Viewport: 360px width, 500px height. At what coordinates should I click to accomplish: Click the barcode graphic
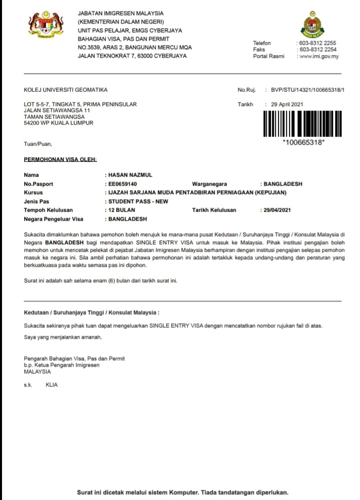click(x=303, y=123)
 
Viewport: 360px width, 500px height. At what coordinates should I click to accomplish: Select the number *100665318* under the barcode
click(x=303, y=143)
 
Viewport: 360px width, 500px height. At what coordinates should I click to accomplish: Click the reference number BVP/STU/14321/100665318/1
click(x=307, y=90)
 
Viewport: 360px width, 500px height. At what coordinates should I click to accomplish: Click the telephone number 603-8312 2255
click(x=317, y=44)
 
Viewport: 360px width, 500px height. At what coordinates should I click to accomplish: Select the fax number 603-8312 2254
click(x=317, y=50)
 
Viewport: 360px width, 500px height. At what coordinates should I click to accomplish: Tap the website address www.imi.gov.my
click(x=318, y=57)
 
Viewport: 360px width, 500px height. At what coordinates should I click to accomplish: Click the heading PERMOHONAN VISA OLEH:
click(x=60, y=160)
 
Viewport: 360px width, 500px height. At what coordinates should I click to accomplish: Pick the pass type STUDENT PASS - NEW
click(x=138, y=202)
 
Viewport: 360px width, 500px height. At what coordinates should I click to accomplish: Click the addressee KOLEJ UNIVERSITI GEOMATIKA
click(x=66, y=90)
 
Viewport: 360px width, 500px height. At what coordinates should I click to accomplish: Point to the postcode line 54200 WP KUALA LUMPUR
click(x=59, y=123)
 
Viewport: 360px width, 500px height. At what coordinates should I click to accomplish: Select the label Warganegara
click(x=209, y=184)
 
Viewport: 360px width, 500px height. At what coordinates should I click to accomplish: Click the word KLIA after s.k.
click(x=52, y=385)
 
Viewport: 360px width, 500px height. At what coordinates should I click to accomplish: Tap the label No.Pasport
click(x=39, y=184)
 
